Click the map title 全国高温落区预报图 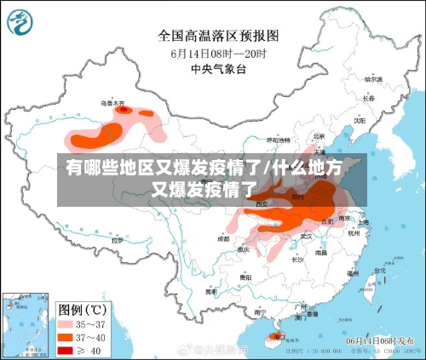point(218,36)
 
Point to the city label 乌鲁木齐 point(113,102)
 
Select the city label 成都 point(223,239)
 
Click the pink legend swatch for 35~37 point(66,324)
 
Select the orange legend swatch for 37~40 point(66,337)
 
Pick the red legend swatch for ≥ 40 point(66,350)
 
